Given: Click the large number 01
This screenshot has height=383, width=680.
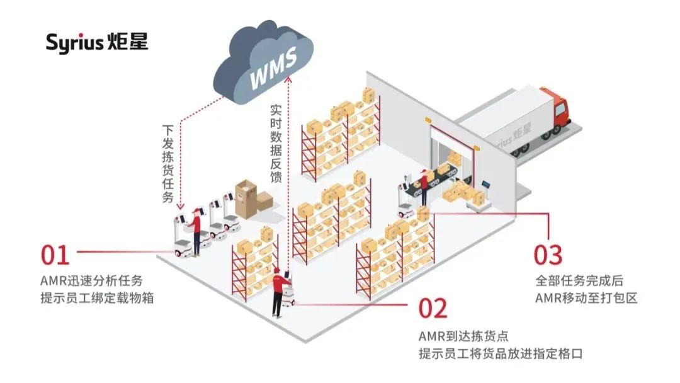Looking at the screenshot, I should click(55, 255).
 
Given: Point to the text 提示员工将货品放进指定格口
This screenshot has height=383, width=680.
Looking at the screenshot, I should click(501, 353).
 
